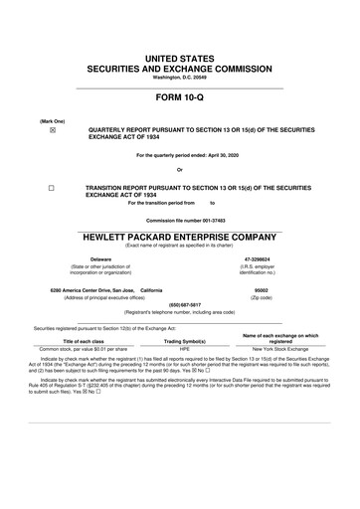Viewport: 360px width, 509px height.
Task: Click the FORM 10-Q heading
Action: coord(180,100)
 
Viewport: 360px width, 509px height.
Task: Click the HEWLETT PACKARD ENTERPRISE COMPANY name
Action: coord(180,237)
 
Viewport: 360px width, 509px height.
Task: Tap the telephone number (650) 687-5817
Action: coord(180,305)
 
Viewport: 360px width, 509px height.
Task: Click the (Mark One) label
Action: coord(52,119)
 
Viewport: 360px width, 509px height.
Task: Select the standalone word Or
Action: coord(180,169)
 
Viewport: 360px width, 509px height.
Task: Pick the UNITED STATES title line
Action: coord(180,60)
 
